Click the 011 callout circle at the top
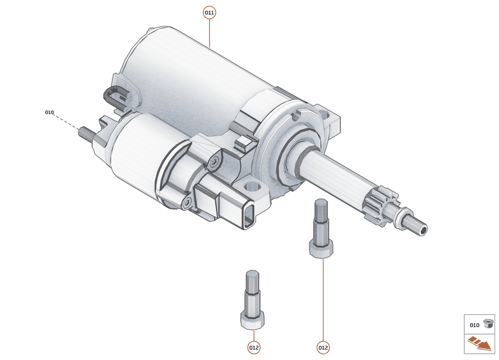click(x=209, y=12)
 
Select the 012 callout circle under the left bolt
click(x=254, y=348)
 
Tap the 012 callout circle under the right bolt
click(x=323, y=348)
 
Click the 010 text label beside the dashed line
click(x=50, y=112)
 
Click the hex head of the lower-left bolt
click(x=252, y=319)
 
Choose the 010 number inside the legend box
click(x=474, y=325)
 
